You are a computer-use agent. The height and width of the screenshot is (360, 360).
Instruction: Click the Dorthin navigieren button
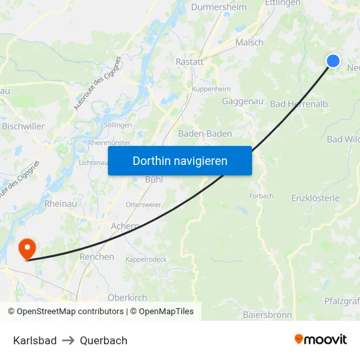180,160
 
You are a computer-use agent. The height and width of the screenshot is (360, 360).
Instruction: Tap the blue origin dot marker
333,61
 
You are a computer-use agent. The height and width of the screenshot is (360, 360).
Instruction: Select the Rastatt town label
190,62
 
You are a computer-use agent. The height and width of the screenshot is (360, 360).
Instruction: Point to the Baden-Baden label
205,134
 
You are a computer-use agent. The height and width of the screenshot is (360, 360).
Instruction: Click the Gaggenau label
242,101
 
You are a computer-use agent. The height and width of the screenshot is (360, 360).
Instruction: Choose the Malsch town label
249,43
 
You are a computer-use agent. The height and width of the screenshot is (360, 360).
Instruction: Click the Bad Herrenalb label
298,104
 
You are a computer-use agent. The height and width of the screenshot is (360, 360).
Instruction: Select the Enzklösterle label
315,198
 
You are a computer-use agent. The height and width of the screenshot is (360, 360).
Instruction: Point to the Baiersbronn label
267,315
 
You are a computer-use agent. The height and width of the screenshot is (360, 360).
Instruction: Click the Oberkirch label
127,297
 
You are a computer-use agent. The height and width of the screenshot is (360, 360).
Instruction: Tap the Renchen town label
97,257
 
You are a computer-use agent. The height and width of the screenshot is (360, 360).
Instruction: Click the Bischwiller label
23,126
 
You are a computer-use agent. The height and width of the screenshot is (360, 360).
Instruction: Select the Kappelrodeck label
145,259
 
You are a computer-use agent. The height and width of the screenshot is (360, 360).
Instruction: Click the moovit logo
320,340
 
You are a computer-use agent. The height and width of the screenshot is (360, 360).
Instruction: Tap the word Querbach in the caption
103,340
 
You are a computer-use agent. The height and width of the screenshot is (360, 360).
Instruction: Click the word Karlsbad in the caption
34,340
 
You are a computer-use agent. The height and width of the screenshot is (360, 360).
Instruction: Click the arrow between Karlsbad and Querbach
69,340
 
